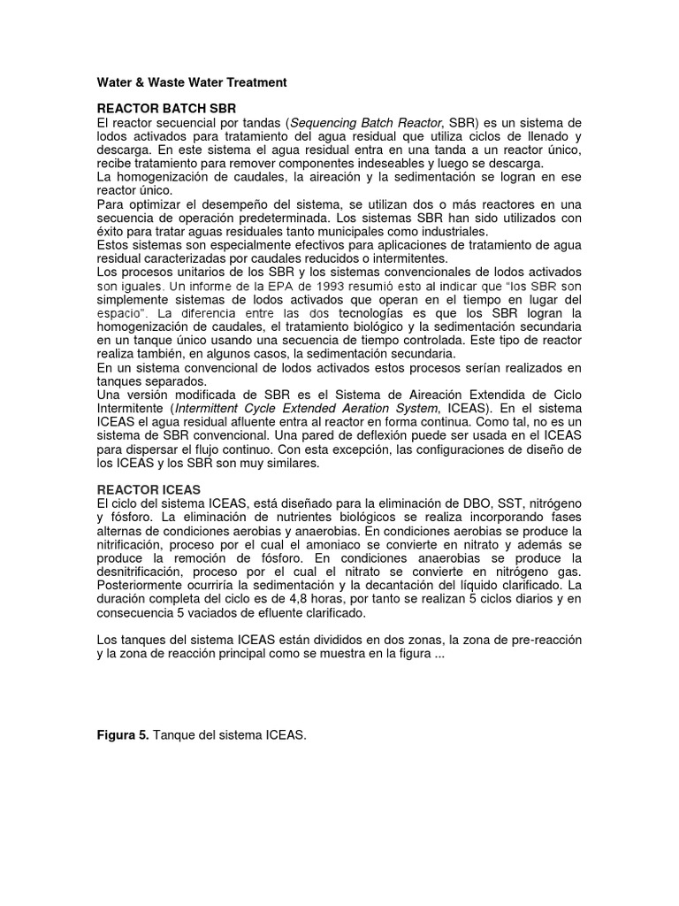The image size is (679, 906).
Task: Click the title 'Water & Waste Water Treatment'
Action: [191, 82]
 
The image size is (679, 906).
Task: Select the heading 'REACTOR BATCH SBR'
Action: [155, 106]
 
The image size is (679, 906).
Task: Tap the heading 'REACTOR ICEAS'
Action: [149, 489]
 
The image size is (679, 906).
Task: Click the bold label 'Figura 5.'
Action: [123, 736]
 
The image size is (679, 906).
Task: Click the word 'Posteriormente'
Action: [141, 587]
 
